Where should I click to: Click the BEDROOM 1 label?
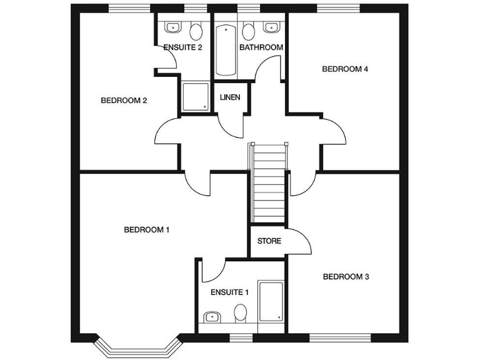(x=147, y=229)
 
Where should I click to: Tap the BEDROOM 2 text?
(x=124, y=100)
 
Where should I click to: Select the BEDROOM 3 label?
(x=346, y=276)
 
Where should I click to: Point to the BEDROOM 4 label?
(x=345, y=69)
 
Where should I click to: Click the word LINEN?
(x=229, y=97)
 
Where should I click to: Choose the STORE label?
(x=269, y=241)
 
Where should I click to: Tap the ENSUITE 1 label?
(x=229, y=292)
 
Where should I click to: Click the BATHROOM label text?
(x=261, y=47)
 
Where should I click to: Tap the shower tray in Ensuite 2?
(x=196, y=97)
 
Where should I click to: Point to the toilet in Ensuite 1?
(x=240, y=312)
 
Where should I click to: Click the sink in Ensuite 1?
(x=211, y=316)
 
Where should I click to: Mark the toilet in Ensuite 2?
(x=196, y=31)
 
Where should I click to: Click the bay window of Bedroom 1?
(x=136, y=347)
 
